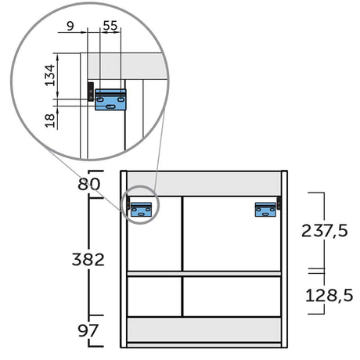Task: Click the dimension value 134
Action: pyautogui.click(x=50, y=75)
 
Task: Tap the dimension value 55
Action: pyautogui.click(x=110, y=26)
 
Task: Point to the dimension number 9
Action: pyautogui.click(x=70, y=26)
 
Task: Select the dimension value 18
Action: pyautogui.click(x=50, y=121)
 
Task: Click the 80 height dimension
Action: pyautogui.click(x=89, y=184)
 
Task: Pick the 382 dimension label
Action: pyautogui.click(x=88, y=260)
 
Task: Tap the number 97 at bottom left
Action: pyautogui.click(x=88, y=330)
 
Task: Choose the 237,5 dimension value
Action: pyautogui.click(x=325, y=231)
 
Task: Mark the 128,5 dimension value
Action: pyautogui.click(x=329, y=296)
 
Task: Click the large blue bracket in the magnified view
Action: pyautogui.click(x=110, y=99)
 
